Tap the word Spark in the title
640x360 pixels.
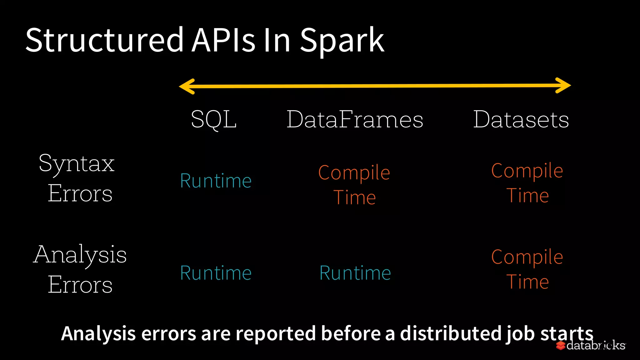pos(342,41)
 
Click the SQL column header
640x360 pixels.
pos(214,119)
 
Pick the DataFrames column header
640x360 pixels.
pos(355,119)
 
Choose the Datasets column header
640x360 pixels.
pos(521,119)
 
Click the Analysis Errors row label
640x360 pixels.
pos(80,269)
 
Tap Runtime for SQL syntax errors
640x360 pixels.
pos(216,181)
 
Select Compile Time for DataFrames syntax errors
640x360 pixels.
pos(354,185)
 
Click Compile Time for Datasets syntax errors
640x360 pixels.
pos(527,183)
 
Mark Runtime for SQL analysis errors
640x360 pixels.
pos(216,273)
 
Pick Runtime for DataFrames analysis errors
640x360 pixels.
pos(355,273)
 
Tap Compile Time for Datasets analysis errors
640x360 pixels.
pos(527,269)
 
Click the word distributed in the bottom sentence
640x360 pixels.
pos(451,333)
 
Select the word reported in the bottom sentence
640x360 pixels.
pos(276,333)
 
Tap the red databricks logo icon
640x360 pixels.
pos(561,346)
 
